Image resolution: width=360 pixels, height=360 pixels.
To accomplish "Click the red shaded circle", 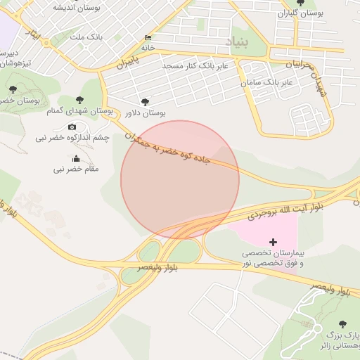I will coord(180,179).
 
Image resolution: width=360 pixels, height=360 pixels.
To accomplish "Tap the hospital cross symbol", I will coord(274,242).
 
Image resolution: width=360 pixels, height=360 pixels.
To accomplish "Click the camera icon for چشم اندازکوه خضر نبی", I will coord(72,127).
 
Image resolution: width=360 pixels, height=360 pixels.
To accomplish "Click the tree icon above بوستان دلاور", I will coord(146,102).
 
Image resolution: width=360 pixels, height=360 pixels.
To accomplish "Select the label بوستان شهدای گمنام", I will coord(80,111).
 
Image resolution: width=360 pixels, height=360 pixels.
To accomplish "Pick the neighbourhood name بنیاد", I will coord(237,43).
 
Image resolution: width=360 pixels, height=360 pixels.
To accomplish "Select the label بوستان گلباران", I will coord(300,13).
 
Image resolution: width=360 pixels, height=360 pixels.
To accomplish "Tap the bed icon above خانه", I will coord(148,38).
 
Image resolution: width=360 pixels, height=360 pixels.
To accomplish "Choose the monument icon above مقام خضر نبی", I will coord(76,159).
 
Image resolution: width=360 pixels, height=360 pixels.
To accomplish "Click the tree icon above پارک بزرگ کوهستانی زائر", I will coord(342,324).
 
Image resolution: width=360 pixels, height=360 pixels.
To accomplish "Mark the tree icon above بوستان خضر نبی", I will coord(13,89).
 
